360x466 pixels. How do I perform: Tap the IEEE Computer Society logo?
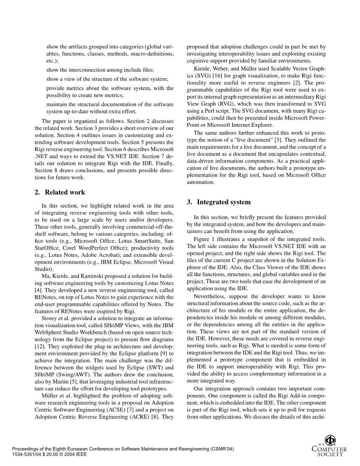329,446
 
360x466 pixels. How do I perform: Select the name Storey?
50,318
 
